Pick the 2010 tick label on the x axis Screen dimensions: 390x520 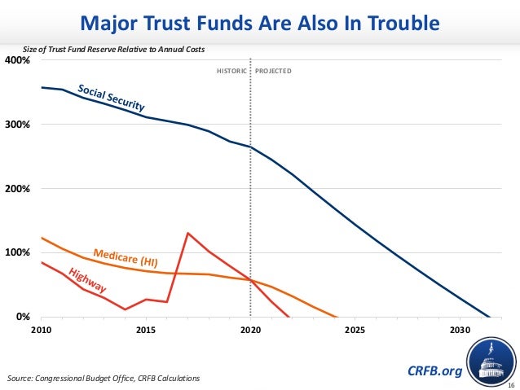(x=42, y=331)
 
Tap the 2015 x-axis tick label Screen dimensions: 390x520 (x=146, y=331)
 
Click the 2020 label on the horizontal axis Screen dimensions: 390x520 (x=250, y=331)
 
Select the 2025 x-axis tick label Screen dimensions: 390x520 (x=355, y=331)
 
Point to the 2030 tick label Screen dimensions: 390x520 (x=459, y=331)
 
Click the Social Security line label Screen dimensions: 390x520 (x=111, y=98)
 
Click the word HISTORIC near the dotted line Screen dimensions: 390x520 (x=230, y=72)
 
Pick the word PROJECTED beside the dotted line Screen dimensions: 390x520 (x=273, y=72)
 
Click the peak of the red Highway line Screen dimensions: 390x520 (x=187, y=234)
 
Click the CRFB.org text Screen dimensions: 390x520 (x=434, y=371)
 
